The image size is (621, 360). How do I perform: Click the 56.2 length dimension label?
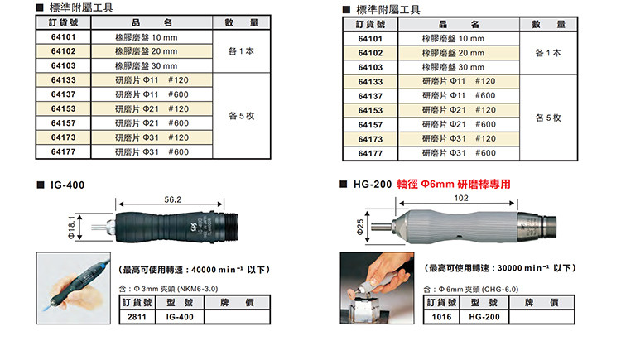tap(173, 199)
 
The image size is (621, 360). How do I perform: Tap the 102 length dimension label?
tap(461, 198)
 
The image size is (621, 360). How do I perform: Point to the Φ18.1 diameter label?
tap(71, 228)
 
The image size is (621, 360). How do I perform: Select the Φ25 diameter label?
tap(360, 228)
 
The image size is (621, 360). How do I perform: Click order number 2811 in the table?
tap(137, 317)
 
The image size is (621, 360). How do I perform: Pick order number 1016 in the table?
tap(441, 317)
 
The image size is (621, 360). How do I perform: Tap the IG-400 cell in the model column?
tap(180, 317)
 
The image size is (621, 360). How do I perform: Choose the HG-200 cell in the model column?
tap(484, 317)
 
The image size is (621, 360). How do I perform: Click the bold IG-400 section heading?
tap(67, 185)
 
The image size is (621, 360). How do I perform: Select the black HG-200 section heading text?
tap(373, 185)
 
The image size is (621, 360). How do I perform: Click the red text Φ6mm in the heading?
tap(437, 185)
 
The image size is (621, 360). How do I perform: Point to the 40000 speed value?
tap(205, 270)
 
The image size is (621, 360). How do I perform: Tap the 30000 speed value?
tap(510, 268)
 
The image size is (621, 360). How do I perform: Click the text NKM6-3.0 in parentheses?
tap(197, 289)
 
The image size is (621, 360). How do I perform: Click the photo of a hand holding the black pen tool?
tap(74, 288)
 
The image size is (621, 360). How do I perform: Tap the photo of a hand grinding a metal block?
tap(377, 288)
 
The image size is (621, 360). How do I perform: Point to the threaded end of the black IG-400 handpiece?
tap(230, 227)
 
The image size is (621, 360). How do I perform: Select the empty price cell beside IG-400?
tap(238, 317)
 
